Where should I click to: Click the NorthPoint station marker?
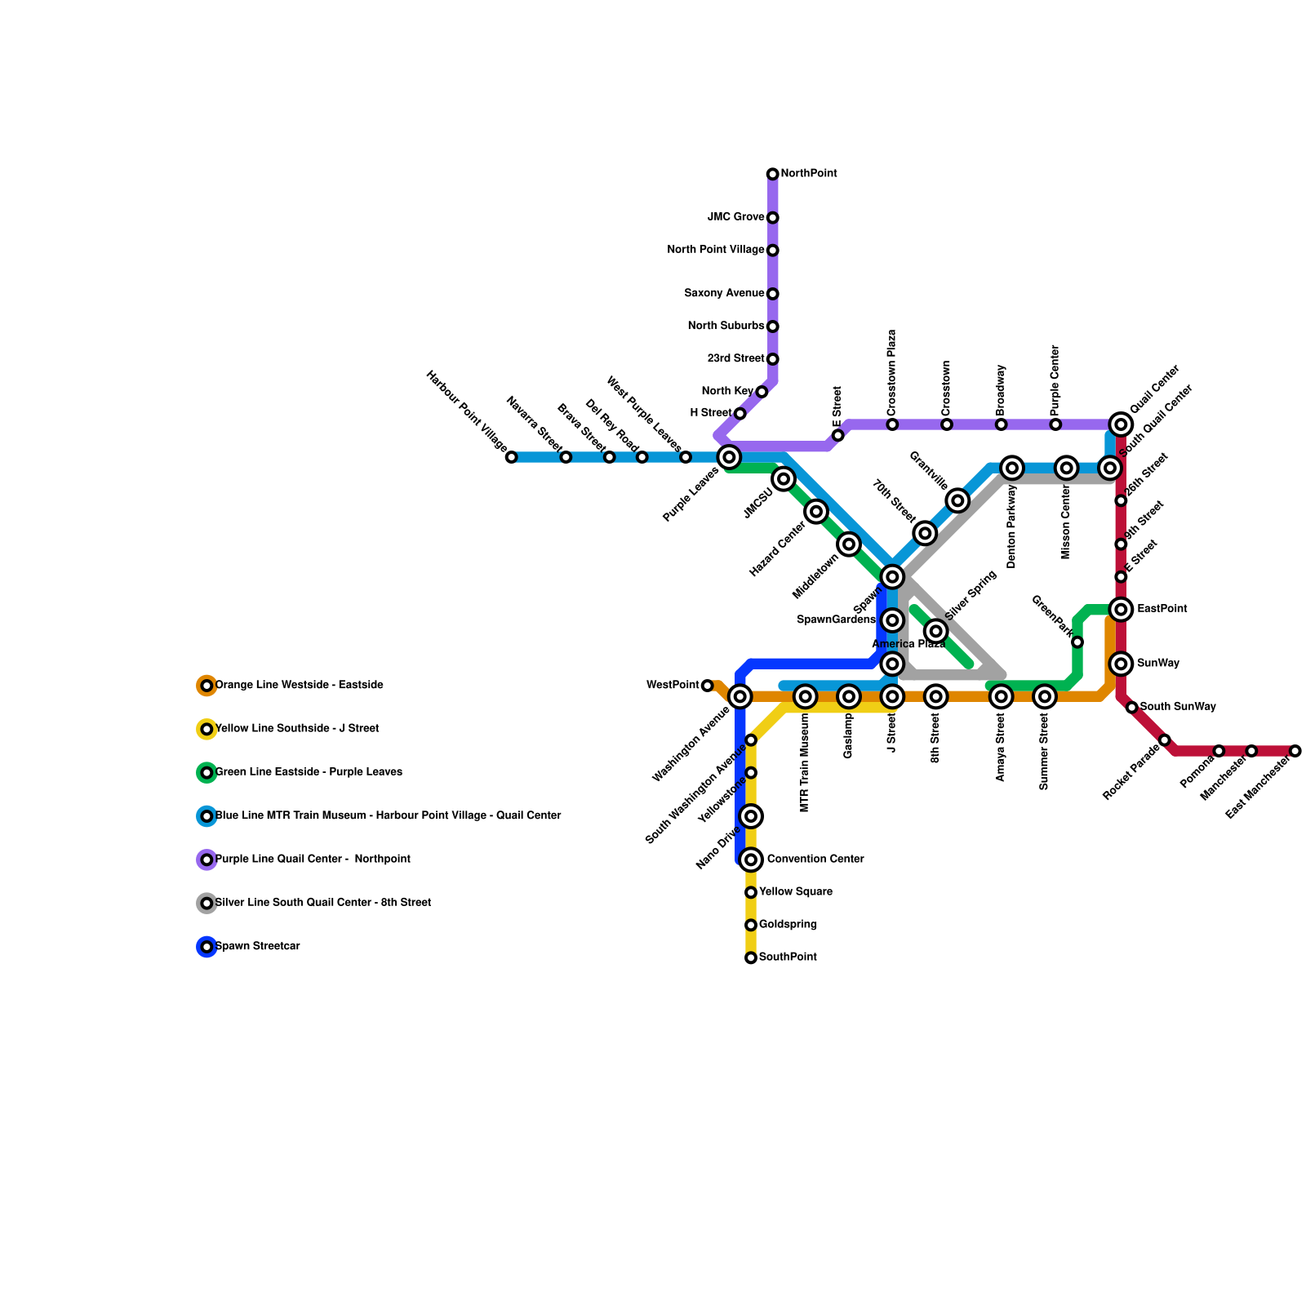point(772,174)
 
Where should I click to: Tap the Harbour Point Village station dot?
point(511,457)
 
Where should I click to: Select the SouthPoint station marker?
point(751,957)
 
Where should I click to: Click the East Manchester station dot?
point(1295,751)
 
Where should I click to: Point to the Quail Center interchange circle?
point(1121,424)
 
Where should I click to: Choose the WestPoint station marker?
point(707,686)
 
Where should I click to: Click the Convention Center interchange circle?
point(751,860)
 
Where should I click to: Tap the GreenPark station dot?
point(1077,642)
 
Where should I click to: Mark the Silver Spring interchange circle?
point(936,631)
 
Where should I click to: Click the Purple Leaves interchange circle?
point(729,457)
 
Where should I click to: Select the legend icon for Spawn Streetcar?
point(207,947)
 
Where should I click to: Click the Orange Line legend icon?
point(207,686)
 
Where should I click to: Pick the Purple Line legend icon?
point(207,860)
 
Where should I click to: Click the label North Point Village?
point(715,250)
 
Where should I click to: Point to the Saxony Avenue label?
point(723,293)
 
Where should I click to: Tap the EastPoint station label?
point(1162,609)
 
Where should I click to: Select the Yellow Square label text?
point(795,892)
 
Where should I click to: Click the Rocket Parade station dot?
point(1164,740)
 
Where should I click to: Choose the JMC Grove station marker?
point(772,217)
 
